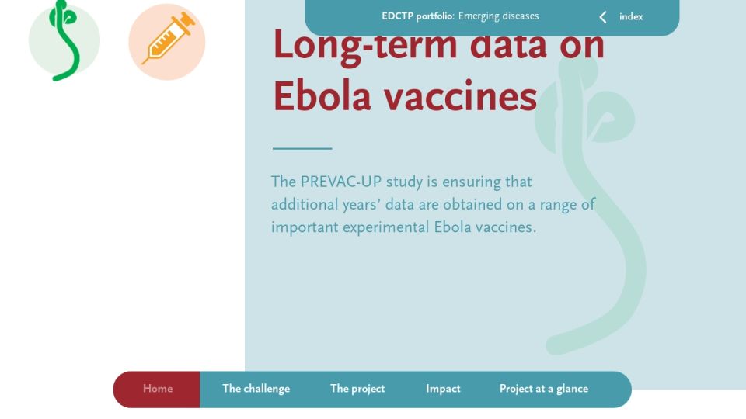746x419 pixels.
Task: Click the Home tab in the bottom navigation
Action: pyautogui.click(x=158, y=389)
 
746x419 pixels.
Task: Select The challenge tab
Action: pyautogui.click(x=256, y=389)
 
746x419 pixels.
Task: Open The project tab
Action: pyautogui.click(x=357, y=389)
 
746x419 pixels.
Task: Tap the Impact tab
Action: pyautogui.click(x=443, y=389)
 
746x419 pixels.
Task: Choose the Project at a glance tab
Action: pyautogui.click(x=544, y=389)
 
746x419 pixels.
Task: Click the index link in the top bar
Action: pyautogui.click(x=631, y=16)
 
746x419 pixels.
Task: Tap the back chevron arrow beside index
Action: pyautogui.click(x=603, y=17)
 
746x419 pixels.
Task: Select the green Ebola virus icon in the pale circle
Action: pyautogui.click(x=64, y=41)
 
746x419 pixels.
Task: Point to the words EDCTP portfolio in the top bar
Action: pyautogui.click(x=417, y=16)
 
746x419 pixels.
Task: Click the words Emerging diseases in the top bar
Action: pyautogui.click(x=499, y=16)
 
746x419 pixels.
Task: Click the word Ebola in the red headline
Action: pyautogui.click(x=322, y=96)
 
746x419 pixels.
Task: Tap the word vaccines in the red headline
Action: pyautogui.click(x=461, y=96)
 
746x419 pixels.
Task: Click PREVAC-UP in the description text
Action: pyautogui.click(x=341, y=182)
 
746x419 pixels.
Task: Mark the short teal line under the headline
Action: pyautogui.click(x=302, y=148)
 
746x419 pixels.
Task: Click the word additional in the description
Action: pyautogui.click(x=304, y=205)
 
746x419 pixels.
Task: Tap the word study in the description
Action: pyautogui.click(x=404, y=182)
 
